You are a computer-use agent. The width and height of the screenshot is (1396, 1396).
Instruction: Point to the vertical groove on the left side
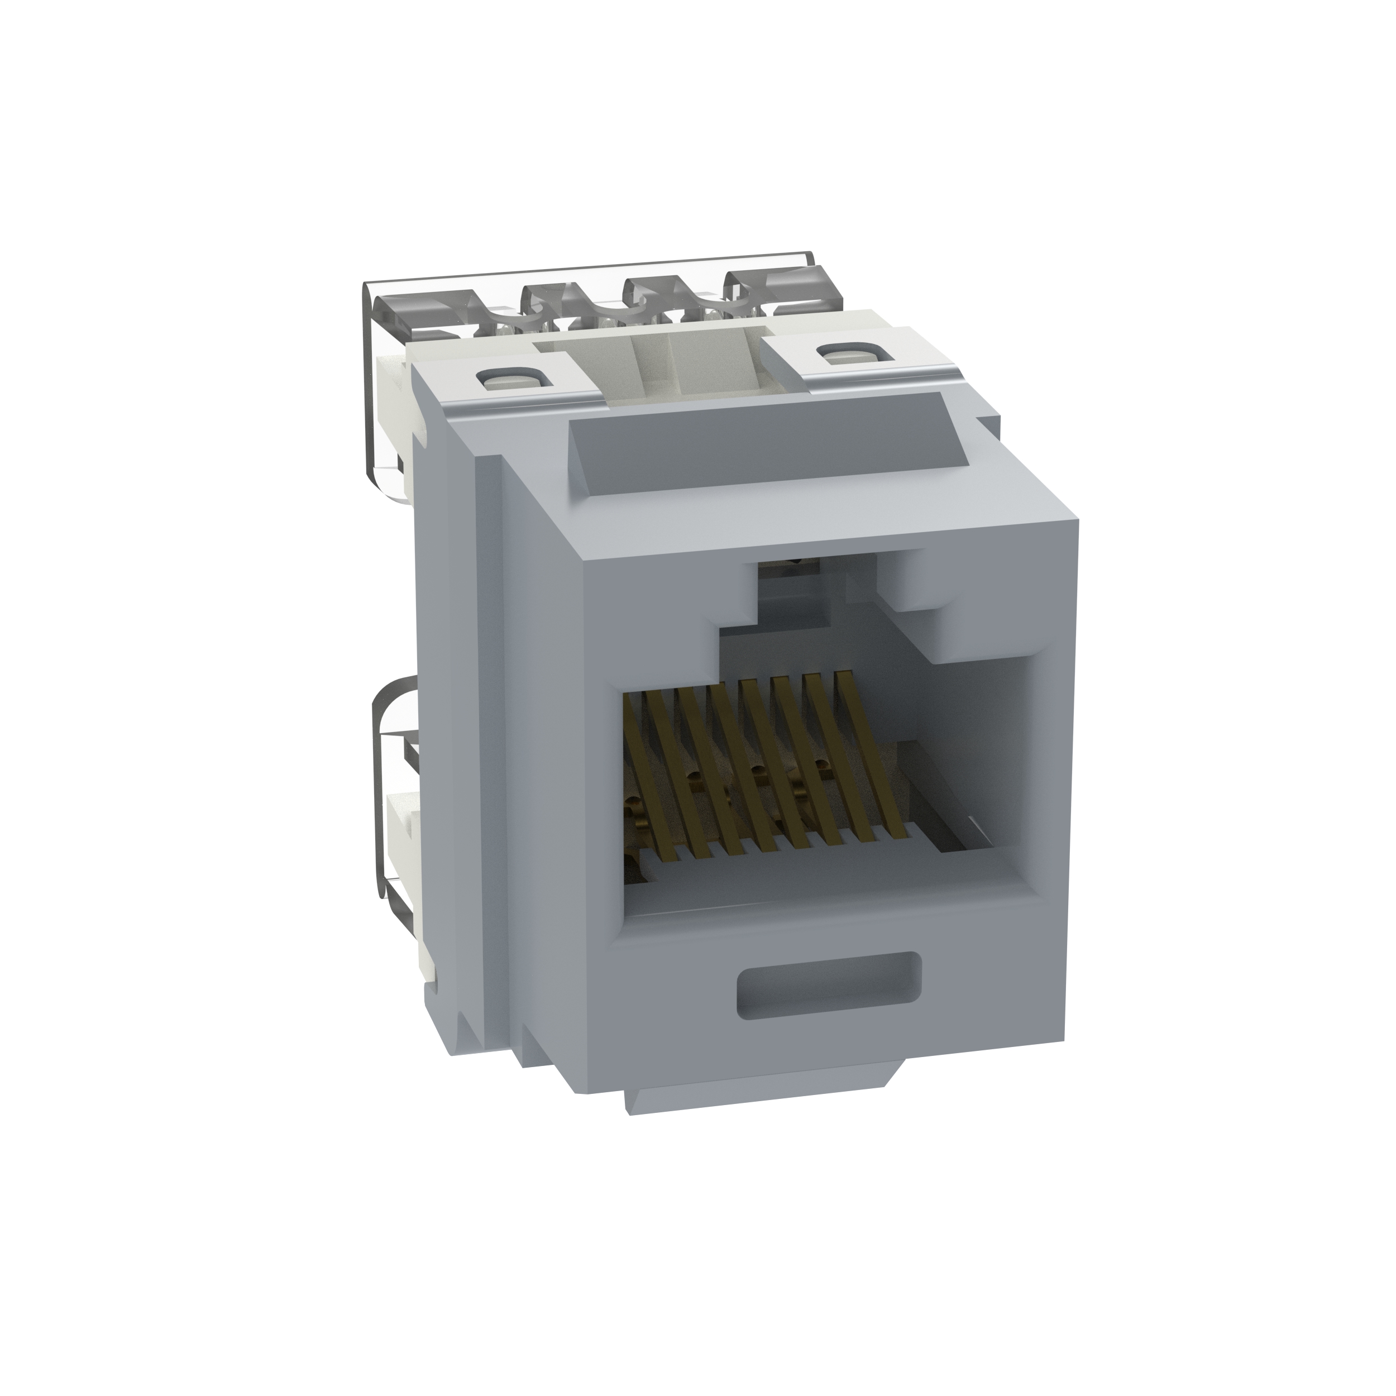coord(462,723)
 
